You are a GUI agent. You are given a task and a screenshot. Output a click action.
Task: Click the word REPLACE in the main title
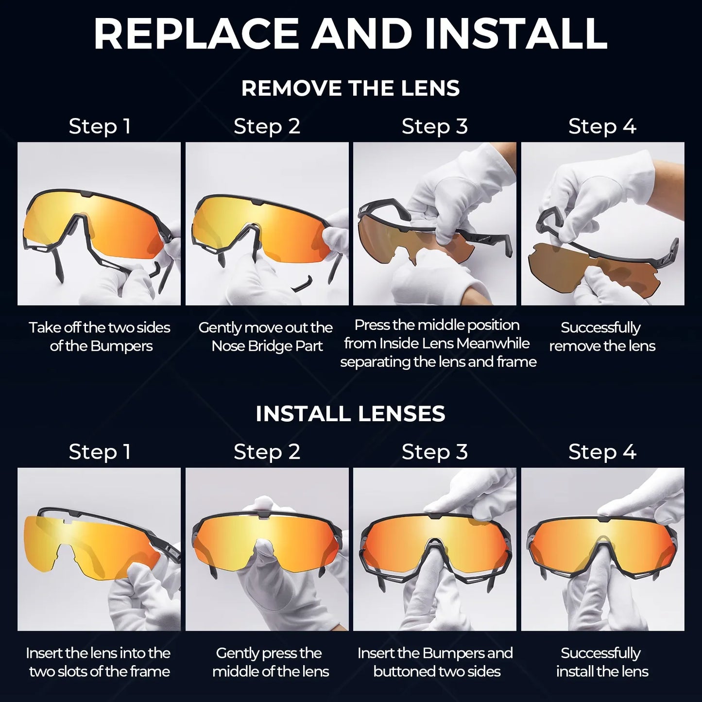196,34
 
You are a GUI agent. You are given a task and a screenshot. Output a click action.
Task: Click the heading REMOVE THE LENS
350,88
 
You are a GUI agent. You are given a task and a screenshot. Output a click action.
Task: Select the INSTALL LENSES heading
350,414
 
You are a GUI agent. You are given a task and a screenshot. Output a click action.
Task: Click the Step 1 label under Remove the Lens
100,126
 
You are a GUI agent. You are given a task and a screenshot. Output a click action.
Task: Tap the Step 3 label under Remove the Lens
434,126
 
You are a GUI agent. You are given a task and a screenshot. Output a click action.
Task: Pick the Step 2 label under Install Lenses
267,452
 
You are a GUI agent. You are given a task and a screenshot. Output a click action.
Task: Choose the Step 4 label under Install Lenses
602,452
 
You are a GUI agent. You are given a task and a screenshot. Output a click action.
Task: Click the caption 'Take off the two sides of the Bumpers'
100,337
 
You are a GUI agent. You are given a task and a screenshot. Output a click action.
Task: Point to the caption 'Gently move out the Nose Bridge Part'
266,337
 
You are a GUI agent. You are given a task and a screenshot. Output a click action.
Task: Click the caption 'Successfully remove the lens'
602,337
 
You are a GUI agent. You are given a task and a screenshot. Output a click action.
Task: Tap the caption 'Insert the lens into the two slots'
99,662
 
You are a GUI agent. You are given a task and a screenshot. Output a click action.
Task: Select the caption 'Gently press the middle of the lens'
270,662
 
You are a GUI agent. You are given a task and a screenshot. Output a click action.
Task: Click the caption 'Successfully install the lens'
602,662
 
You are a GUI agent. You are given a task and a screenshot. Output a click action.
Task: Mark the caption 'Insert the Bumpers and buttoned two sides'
435,662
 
